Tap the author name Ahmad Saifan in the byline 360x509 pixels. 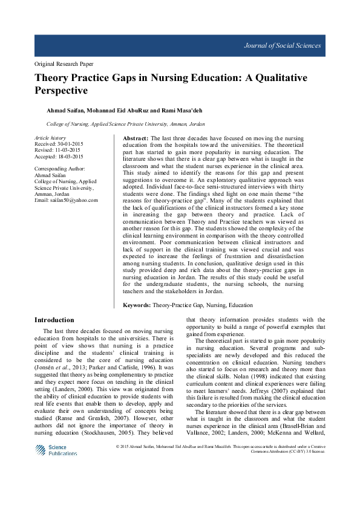point(65,110)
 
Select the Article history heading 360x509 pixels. point(50,138)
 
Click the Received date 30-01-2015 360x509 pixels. point(68,144)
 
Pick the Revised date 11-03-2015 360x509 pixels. point(67,150)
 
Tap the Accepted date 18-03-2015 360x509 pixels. point(69,156)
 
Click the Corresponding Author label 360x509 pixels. point(60,169)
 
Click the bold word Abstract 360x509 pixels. point(128,138)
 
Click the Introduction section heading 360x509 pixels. point(54,320)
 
